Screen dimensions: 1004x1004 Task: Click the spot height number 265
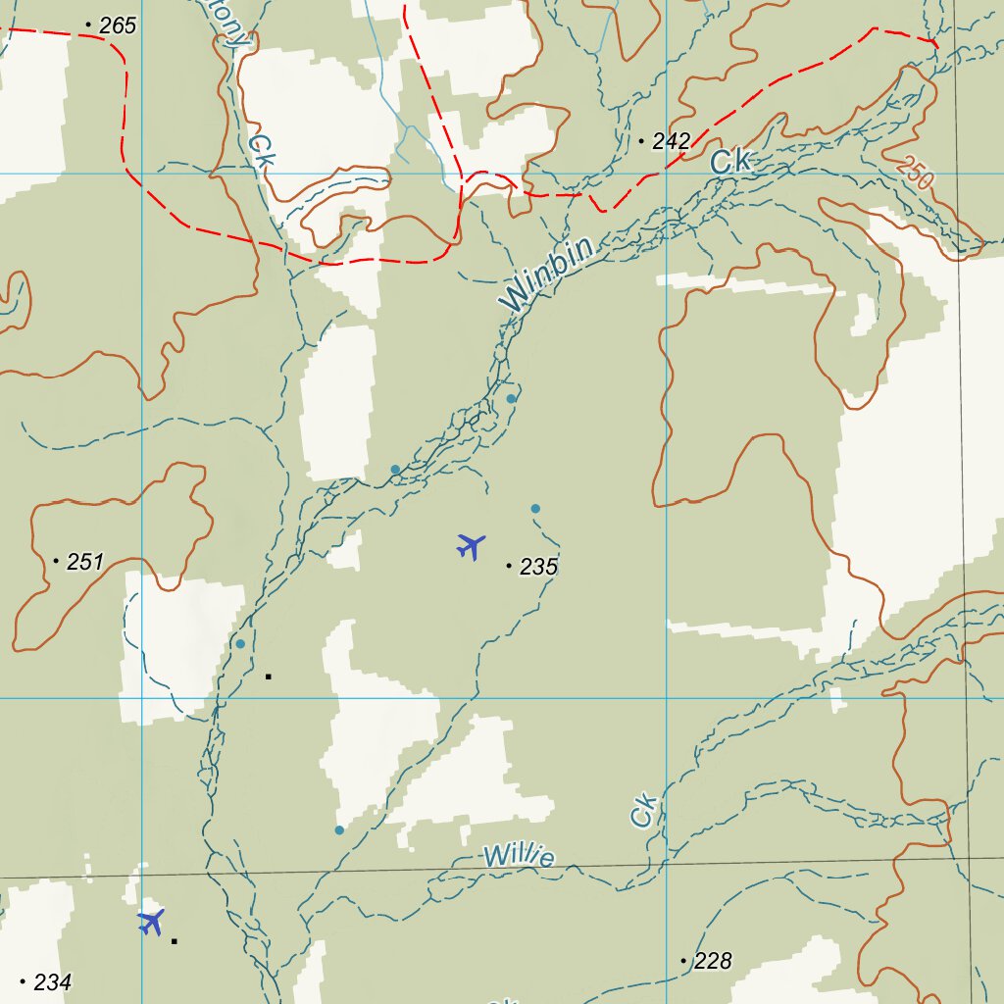(118, 26)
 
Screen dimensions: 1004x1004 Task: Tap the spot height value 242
(671, 141)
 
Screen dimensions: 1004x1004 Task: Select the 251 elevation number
(84, 562)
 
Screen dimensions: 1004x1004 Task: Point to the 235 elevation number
(538, 567)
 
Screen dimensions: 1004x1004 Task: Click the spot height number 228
(713, 962)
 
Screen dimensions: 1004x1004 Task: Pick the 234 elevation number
(52, 981)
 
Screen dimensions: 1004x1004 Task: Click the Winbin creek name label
(547, 276)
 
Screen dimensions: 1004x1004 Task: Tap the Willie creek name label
(519, 856)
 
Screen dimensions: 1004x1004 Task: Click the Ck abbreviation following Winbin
(730, 161)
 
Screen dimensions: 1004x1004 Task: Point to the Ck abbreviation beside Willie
(643, 811)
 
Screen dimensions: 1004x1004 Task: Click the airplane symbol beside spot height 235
(472, 545)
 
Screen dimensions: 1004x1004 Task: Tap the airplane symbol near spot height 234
(150, 922)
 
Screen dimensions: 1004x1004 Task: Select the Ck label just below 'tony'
(260, 149)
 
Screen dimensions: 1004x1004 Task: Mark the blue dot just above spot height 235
(535, 508)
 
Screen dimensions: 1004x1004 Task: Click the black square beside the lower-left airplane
(175, 941)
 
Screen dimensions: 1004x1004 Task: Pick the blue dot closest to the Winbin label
(511, 398)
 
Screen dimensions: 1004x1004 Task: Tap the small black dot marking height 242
(641, 142)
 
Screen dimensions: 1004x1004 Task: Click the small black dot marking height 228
(683, 961)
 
